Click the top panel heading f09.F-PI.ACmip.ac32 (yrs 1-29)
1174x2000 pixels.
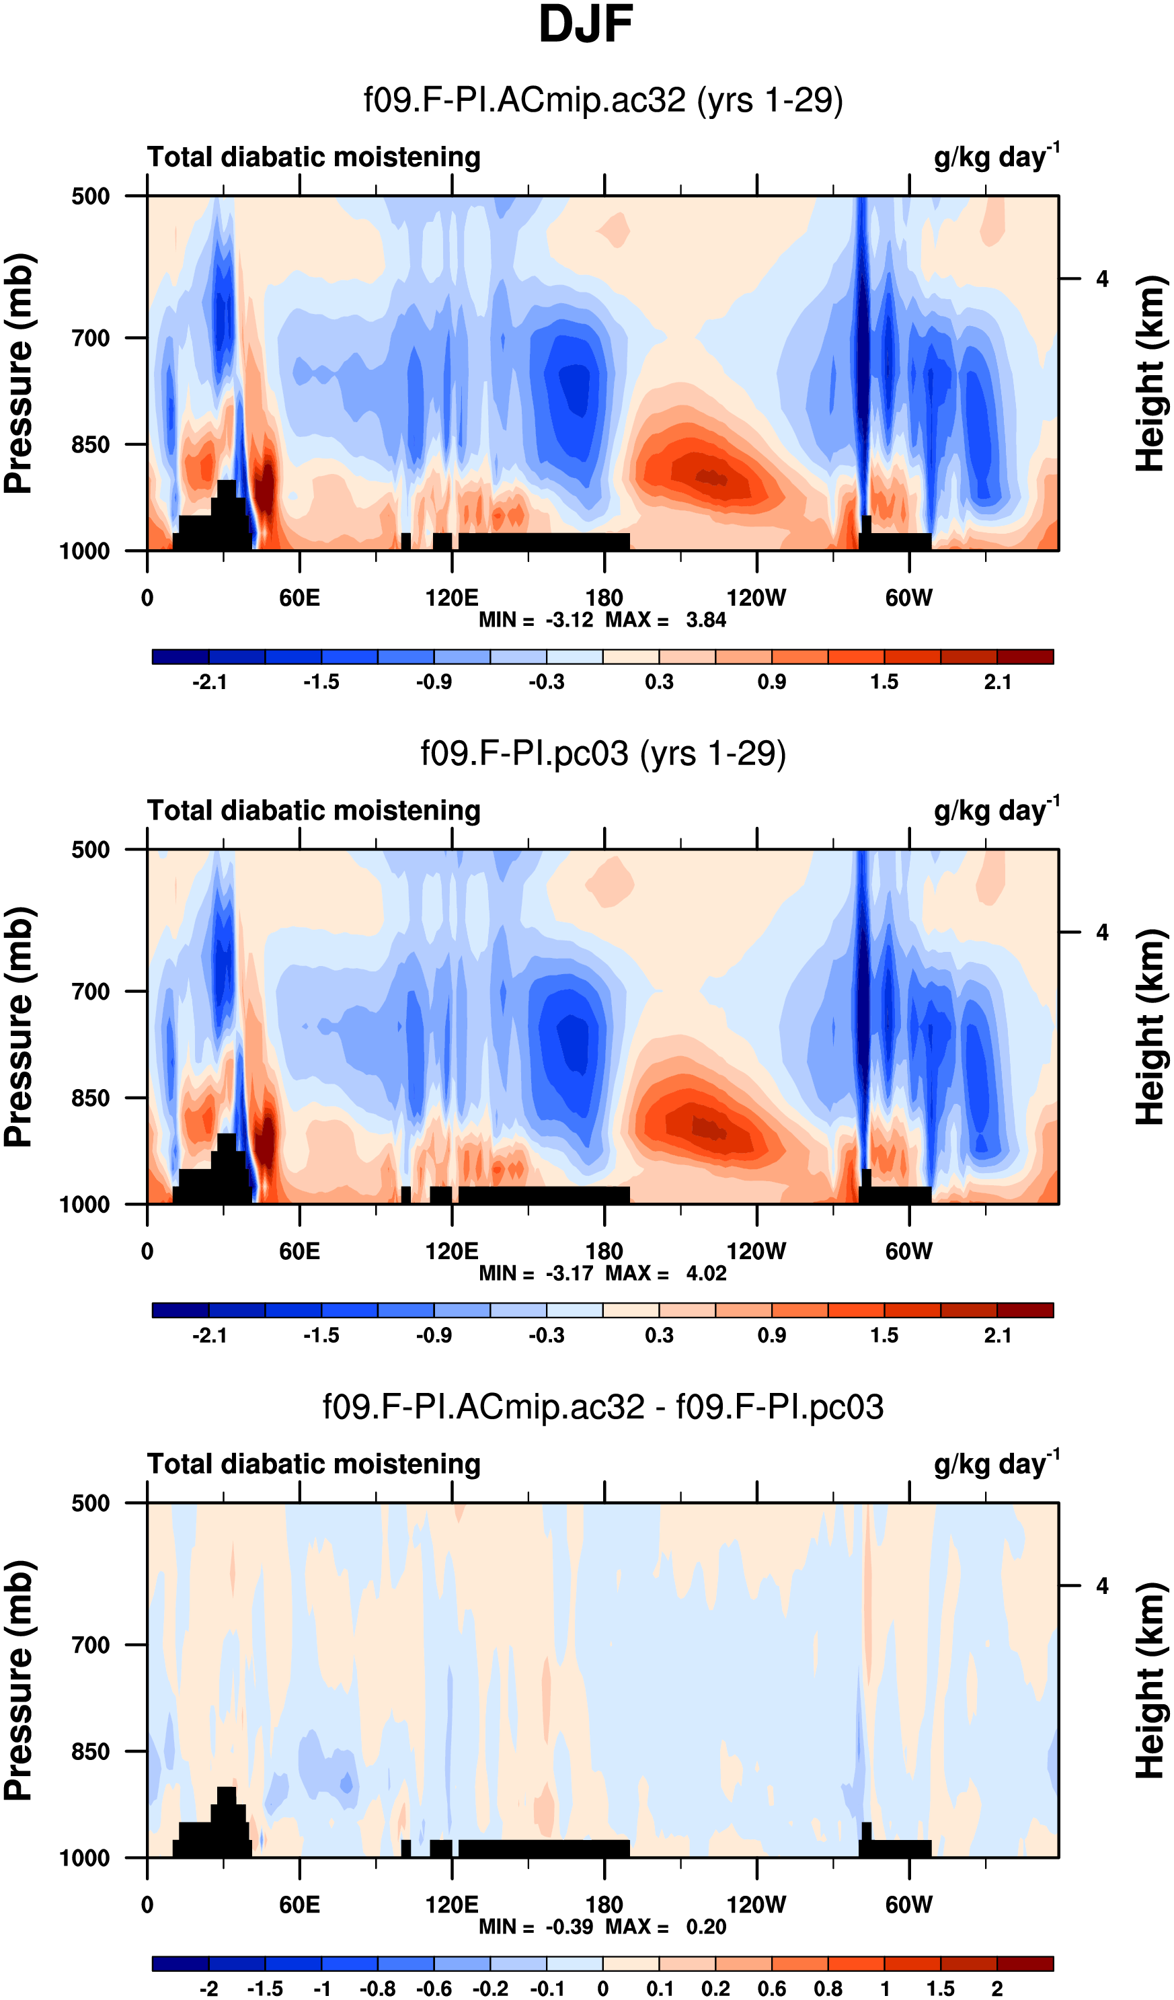603,101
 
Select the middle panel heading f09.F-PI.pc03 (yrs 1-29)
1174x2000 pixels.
603,754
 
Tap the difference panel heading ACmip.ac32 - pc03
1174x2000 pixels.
603,1407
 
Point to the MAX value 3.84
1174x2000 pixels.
705,620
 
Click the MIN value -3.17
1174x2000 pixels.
569,1273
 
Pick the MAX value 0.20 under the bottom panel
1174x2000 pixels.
705,1926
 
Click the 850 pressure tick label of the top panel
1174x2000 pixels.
91,445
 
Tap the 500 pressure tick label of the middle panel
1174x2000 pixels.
91,850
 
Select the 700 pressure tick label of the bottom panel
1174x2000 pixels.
91,1645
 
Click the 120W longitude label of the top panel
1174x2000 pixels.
756,598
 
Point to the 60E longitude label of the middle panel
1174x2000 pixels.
299,1252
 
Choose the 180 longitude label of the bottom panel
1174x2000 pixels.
604,1905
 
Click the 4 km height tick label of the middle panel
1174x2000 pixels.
1102,932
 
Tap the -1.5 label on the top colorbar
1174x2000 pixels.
321,682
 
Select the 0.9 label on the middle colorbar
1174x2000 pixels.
771,1335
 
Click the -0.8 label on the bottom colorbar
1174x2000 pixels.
377,1988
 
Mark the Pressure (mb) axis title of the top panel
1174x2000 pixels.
18,374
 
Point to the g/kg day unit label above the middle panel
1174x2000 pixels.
996,809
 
